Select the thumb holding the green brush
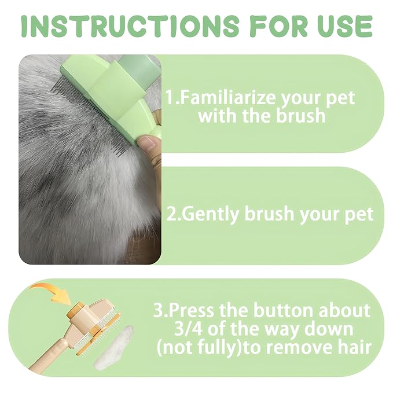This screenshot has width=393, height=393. (x=150, y=144)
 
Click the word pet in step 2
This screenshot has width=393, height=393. (x=358, y=214)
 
